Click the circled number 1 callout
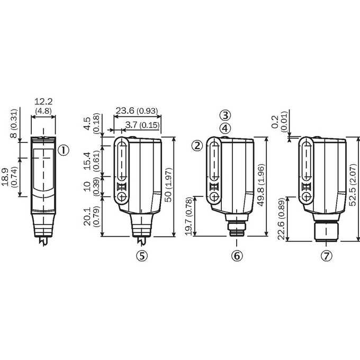[x=63, y=150]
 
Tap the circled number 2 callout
[x=197, y=146]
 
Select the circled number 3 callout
[x=225, y=115]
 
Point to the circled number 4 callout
[x=225, y=128]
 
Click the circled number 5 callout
[x=142, y=256]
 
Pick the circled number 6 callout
[x=237, y=256]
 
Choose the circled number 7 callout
[x=327, y=256]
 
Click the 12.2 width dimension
[x=43, y=102]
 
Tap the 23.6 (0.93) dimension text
[x=137, y=111]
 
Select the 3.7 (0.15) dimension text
[x=142, y=125]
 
